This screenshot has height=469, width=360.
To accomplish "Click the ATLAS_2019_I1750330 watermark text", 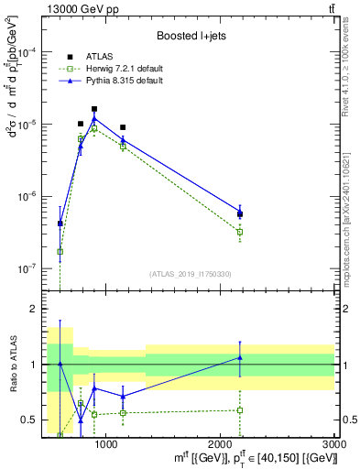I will [190, 274].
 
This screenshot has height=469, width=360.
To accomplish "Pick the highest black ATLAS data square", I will [94, 109].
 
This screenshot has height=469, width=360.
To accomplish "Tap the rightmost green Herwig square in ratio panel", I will [240, 409].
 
